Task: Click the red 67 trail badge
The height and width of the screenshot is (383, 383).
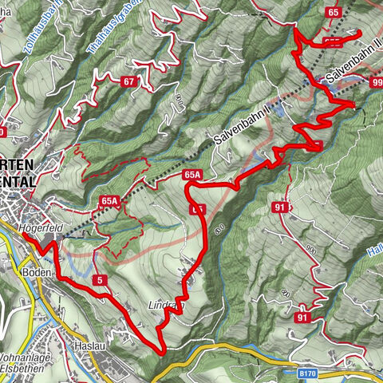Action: coord(128,81)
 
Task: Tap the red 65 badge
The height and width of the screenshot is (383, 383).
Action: coord(333,12)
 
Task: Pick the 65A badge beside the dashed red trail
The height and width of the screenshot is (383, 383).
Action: coord(110,200)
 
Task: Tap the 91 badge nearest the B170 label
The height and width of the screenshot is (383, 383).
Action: coord(302,317)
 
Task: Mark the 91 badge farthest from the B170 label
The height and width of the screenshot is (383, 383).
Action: coord(279,208)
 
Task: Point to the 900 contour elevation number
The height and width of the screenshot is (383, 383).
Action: coord(310,251)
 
